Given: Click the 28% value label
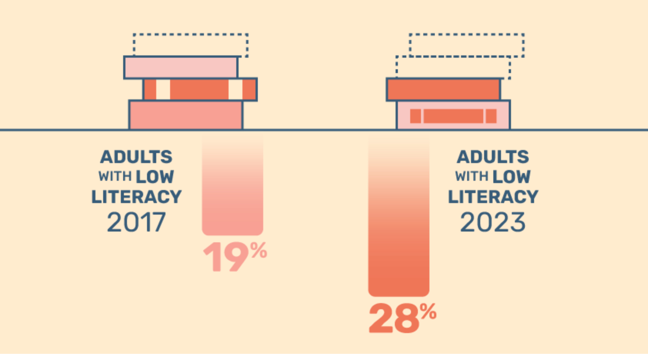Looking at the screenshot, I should (x=402, y=318).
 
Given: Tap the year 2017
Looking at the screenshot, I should (x=136, y=222).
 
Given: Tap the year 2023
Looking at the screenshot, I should (x=493, y=222).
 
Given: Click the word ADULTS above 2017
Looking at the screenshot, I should (x=136, y=157).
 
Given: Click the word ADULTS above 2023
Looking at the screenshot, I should (x=493, y=157).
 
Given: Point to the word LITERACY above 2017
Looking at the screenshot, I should (x=136, y=197).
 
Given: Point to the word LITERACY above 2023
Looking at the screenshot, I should (x=493, y=197).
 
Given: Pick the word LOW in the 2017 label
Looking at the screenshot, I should (x=155, y=177).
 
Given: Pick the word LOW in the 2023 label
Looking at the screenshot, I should (x=511, y=177).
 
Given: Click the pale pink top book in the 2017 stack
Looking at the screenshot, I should (x=181, y=67).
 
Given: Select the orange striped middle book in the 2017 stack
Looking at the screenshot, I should (x=200, y=90).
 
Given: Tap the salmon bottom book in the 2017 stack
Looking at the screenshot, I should (x=186, y=115).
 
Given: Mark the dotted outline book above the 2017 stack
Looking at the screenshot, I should (x=190, y=45).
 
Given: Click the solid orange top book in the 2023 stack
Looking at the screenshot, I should (x=443, y=90).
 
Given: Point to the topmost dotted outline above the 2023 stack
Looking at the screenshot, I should (x=466, y=45).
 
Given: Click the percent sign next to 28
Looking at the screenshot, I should (x=428, y=311).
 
